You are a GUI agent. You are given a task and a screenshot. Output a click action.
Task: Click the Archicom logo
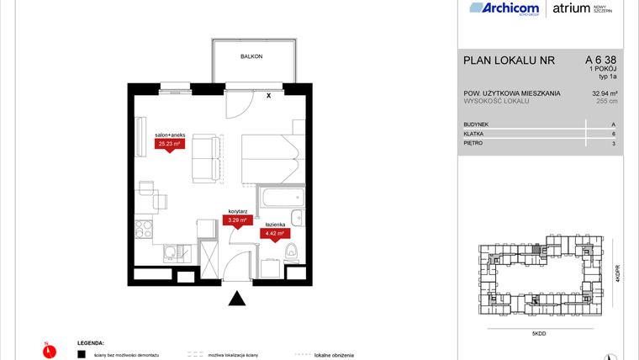(x=503, y=8)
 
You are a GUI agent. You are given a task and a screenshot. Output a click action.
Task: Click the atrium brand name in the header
(x=573, y=8)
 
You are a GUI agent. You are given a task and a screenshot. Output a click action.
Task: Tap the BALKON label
(x=251, y=56)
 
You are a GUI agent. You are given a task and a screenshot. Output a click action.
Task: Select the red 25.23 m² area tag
(x=164, y=144)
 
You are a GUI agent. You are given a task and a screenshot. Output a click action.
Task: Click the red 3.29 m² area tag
(x=238, y=220)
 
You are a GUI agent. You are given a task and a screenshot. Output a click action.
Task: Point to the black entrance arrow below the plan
(x=238, y=298)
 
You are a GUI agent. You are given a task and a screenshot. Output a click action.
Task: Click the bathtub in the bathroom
(x=280, y=200)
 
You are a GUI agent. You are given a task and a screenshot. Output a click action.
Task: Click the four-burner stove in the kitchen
(x=143, y=228)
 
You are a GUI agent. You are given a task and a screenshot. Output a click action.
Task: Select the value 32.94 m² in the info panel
(x=605, y=93)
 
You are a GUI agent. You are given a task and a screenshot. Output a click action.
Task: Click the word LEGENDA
(x=92, y=343)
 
